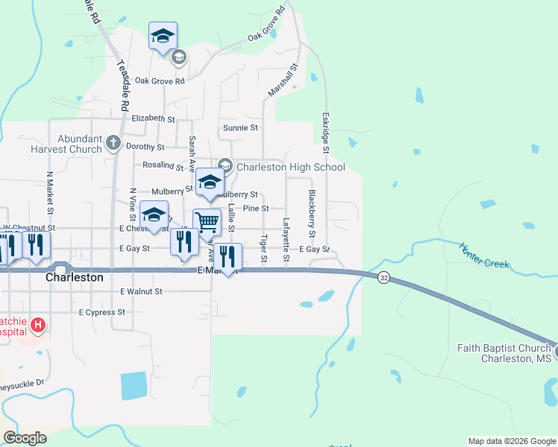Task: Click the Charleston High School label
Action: [290, 167]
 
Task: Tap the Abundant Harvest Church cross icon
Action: [113, 142]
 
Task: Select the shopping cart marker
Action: [207, 221]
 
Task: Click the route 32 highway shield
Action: [383, 277]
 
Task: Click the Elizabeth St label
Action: [153, 118]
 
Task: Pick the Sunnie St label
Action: [240, 128]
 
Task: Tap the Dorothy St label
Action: [145, 147]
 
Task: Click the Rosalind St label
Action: [163, 165]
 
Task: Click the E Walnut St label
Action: [141, 291]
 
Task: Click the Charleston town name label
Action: [75, 276]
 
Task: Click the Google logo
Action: [25, 438]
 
